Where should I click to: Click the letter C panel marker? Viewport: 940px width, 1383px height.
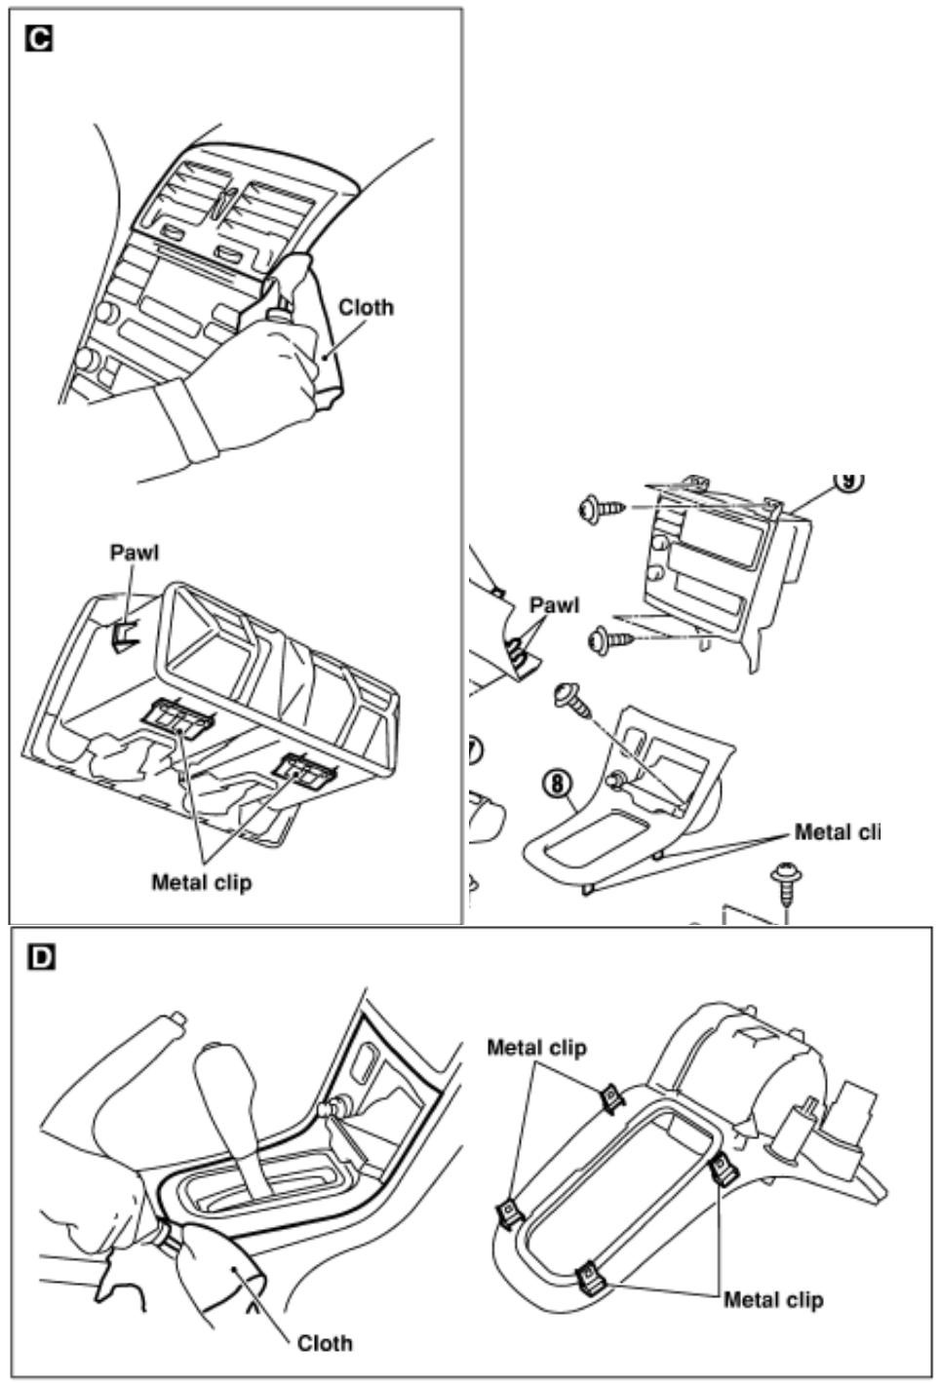coord(40,40)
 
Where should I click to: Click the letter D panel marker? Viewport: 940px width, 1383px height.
coord(40,958)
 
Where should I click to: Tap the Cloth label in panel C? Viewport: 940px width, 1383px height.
coord(367,307)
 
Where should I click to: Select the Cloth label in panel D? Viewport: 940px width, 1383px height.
coord(325,1343)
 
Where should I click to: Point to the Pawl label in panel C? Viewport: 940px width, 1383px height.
coord(134,553)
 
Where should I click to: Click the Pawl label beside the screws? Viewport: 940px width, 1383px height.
coord(553,604)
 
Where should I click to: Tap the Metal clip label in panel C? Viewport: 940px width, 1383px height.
coord(201,882)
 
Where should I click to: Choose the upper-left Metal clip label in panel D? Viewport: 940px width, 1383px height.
coord(536,1048)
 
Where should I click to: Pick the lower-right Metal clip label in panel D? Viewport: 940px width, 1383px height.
coord(773,1299)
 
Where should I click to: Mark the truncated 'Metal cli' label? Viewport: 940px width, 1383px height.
coord(838,832)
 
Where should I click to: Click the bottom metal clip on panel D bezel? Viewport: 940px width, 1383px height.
coord(589,1276)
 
